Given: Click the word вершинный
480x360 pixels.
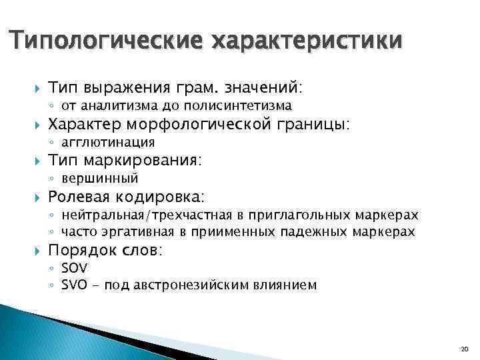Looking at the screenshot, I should [100, 178].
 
